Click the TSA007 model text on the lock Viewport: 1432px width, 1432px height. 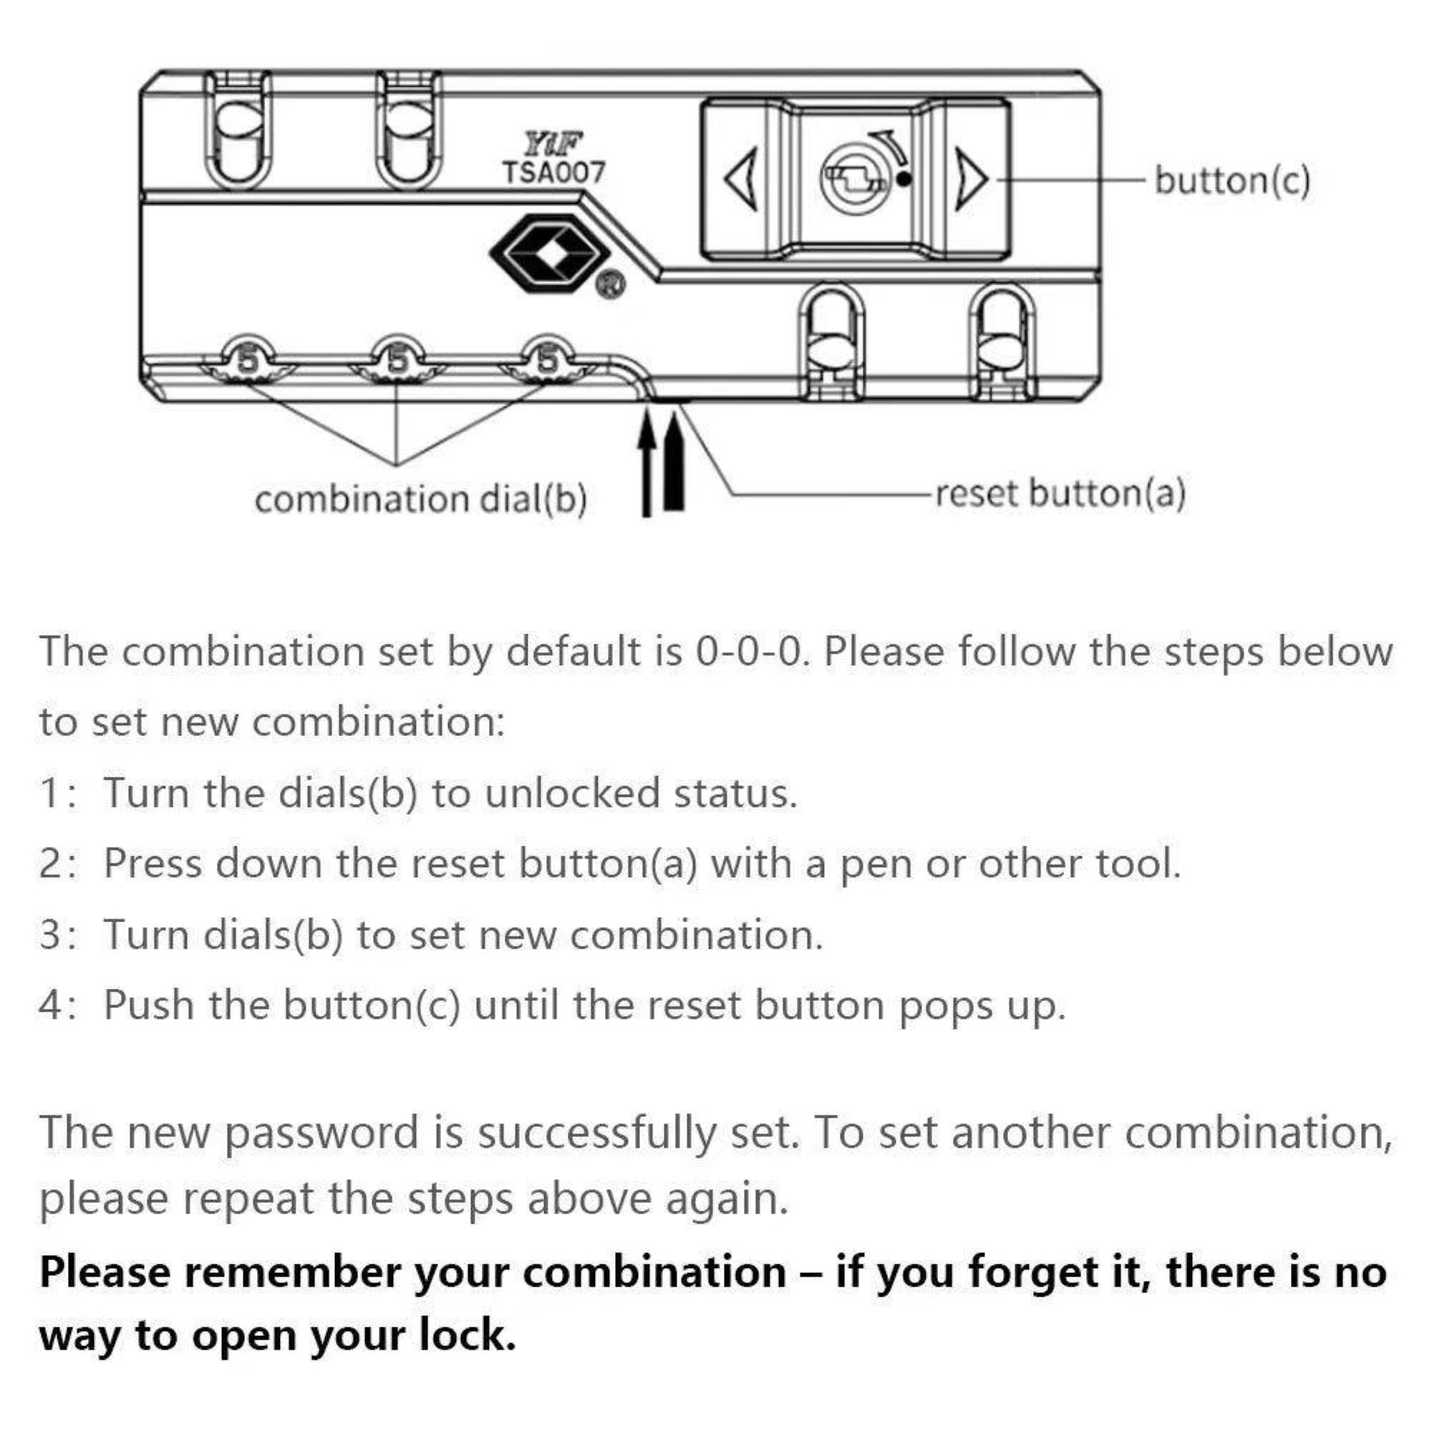[553, 172]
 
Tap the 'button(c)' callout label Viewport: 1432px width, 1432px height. [1232, 180]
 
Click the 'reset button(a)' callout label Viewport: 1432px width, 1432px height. [1060, 493]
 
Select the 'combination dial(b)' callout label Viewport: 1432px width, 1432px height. [421, 500]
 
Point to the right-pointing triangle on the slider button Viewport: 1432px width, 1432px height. [969, 179]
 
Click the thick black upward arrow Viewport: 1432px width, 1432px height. [674, 461]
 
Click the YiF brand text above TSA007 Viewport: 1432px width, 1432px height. [553, 145]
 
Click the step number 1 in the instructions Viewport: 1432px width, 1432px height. [49, 793]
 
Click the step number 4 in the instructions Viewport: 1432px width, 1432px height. [51, 1005]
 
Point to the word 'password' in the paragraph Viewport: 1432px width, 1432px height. [321, 1133]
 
